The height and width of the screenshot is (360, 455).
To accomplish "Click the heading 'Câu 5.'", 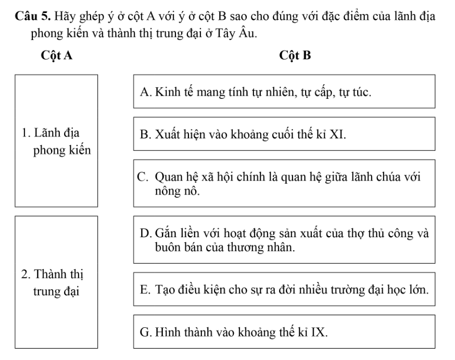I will click(x=28, y=12).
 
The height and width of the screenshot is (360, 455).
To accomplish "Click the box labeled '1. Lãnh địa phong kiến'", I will click(x=56, y=140).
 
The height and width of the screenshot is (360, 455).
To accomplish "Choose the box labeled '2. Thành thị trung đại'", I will click(x=56, y=281).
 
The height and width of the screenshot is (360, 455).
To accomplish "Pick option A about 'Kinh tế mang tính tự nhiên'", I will click(x=284, y=92).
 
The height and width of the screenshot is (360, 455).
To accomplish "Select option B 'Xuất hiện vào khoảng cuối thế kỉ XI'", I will click(x=284, y=134).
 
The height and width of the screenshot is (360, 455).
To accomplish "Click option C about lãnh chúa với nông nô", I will click(x=284, y=183).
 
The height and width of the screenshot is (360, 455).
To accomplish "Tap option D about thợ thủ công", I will click(x=284, y=239).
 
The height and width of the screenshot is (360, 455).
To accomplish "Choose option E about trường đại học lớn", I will click(x=284, y=288).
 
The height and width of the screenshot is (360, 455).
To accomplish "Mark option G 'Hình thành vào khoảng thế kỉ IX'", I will click(x=284, y=331).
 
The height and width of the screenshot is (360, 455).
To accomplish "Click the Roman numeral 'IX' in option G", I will click(x=319, y=331).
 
